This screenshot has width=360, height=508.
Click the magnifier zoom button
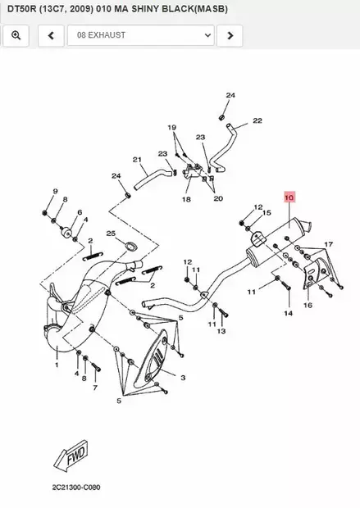click(16, 35)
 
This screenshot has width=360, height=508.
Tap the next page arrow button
click(230, 35)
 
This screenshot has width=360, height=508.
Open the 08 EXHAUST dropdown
click(141, 35)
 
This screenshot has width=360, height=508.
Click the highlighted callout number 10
click(289, 197)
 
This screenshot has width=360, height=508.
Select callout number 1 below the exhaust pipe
click(57, 365)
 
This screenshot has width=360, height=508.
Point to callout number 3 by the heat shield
click(183, 378)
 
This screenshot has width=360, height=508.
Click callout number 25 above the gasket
click(111, 234)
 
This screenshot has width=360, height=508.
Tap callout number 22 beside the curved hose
click(257, 120)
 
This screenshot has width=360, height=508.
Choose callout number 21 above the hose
click(137, 160)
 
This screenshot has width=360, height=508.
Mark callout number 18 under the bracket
click(186, 199)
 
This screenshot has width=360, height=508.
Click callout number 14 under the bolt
click(288, 313)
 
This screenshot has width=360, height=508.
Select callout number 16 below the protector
click(308, 305)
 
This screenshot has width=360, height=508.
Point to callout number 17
click(329, 243)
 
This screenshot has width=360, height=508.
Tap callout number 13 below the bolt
click(221, 331)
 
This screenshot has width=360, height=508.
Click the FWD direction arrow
click(71, 456)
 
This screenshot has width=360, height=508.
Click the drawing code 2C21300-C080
click(76, 488)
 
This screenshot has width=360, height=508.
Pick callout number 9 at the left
click(55, 191)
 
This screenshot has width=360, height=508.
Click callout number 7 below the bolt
click(95, 388)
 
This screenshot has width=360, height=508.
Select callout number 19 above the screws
click(172, 127)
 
